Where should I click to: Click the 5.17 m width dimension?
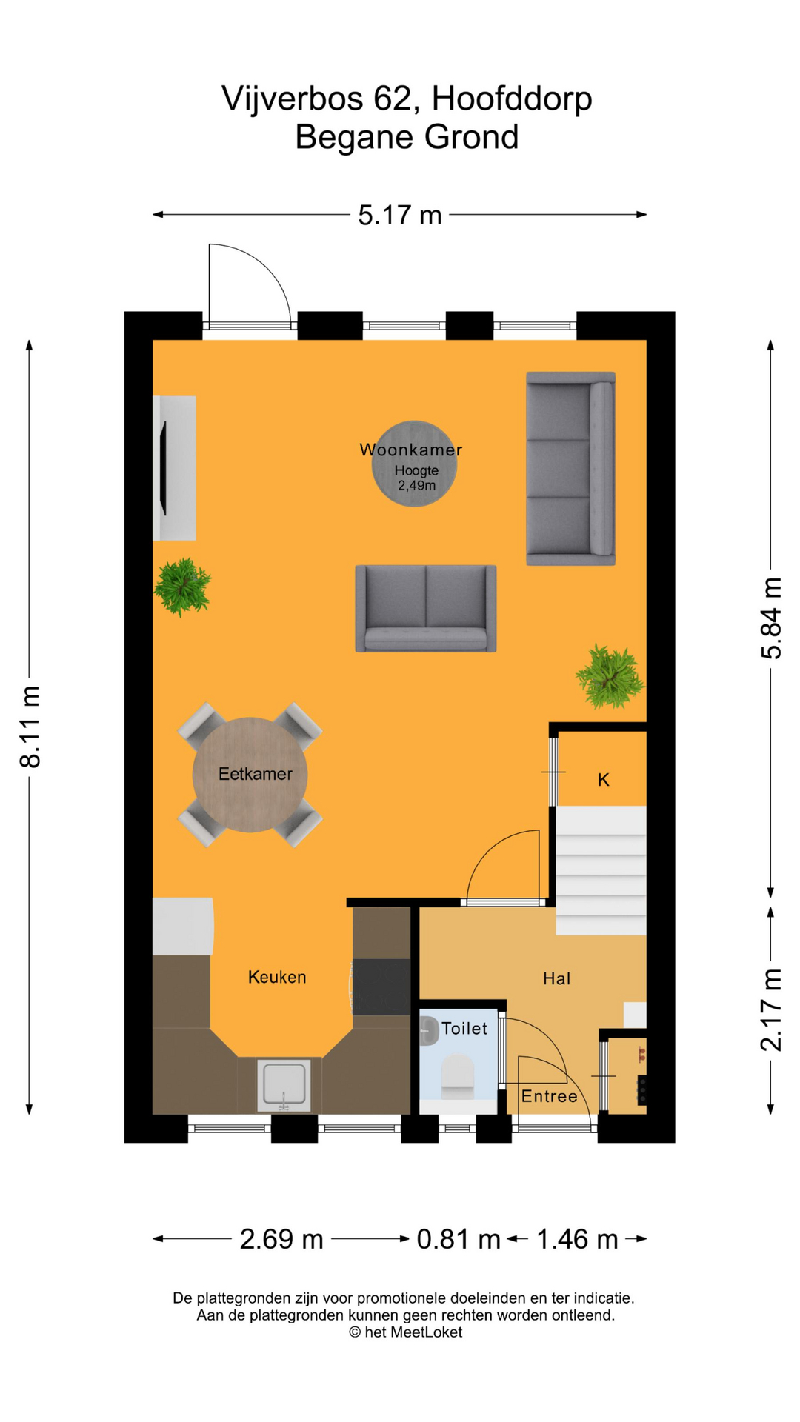400,215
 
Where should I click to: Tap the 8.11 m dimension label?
30,727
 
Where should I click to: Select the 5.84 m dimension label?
771,618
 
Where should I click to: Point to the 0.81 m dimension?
459,1239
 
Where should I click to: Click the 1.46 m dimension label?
577,1239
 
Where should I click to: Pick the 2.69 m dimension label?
281,1239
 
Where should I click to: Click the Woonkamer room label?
411,450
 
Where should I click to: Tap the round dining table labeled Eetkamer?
250,775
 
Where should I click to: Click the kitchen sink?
284,1085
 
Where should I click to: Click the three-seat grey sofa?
570,468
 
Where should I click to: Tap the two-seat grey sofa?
426,608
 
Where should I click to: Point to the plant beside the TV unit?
182,587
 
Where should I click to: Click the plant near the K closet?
610,676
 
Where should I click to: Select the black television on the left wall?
163,467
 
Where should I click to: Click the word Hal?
557,979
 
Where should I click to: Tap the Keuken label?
277,978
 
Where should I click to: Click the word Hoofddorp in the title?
512,99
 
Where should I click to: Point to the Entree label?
550,1097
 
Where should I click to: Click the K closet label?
604,780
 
